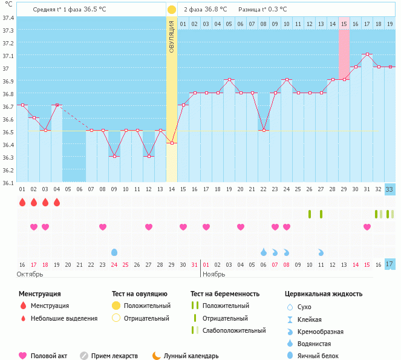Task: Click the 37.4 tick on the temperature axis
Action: (8, 18)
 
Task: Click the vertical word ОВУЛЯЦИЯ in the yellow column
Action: (172, 36)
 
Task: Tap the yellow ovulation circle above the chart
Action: (172, 10)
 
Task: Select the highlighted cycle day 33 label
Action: (390, 189)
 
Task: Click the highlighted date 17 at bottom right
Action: (390, 264)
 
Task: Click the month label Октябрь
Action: (30, 274)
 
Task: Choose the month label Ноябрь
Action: (214, 274)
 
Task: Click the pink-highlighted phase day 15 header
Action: (344, 23)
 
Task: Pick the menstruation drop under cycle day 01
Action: (22, 202)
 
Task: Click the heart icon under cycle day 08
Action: (103, 227)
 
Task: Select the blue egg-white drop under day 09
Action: (114, 252)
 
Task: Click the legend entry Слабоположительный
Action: (235, 330)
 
